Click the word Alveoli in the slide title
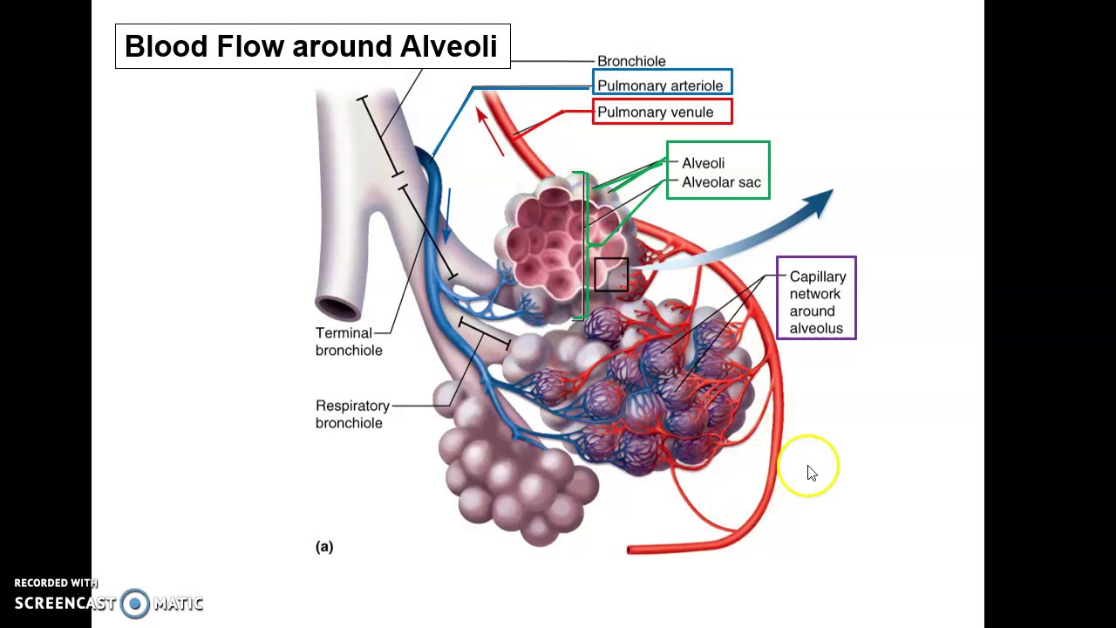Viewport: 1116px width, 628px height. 448,46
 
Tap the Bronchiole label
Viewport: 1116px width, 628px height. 631,61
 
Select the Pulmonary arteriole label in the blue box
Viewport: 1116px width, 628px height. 660,85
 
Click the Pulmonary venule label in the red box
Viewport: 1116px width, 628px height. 655,113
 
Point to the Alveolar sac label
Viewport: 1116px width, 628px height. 721,182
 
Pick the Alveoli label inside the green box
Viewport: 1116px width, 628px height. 703,163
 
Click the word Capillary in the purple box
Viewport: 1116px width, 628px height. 818,276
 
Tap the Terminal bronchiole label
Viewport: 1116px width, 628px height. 349,341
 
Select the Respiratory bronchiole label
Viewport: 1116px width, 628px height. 353,414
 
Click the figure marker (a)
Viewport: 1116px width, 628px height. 324,547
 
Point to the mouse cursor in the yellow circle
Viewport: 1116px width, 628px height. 812,473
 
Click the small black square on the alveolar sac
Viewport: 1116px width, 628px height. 611,275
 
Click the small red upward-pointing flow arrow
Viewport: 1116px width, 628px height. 490,132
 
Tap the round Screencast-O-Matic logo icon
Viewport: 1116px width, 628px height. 134,604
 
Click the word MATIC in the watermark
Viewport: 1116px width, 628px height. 179,604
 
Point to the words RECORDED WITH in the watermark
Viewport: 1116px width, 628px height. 56,584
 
